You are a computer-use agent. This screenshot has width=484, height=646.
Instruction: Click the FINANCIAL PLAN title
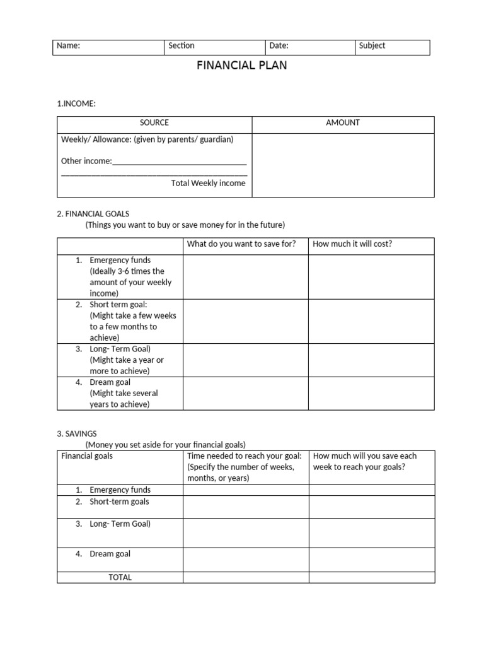coord(242,65)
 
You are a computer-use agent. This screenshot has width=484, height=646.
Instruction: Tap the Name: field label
coord(68,46)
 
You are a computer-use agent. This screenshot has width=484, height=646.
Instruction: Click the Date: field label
coord(279,46)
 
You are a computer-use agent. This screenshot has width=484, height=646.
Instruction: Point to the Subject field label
coord(372,46)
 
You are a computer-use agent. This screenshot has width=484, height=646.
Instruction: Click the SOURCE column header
coord(154,123)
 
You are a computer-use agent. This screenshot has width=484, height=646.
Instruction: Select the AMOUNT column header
coord(343,123)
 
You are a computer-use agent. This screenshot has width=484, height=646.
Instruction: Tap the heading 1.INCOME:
coord(76,103)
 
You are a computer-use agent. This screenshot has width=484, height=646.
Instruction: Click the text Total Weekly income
coord(208,184)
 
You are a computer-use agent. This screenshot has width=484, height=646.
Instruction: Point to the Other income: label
coord(86,161)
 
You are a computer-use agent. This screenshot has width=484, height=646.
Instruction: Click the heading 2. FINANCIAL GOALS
coord(93,214)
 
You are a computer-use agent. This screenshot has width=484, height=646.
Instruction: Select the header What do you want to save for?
coord(241,244)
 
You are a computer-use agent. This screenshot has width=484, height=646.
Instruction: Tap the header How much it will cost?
coord(352,244)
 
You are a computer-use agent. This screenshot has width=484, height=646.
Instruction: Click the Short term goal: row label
coord(118,305)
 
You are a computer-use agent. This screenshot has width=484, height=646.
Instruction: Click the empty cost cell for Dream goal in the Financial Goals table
coord(371,393)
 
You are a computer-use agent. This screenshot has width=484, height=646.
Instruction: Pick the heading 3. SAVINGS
coord(77,434)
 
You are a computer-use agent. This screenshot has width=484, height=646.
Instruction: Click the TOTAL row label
coord(120,577)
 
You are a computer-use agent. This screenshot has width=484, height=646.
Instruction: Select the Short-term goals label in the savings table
coord(119,502)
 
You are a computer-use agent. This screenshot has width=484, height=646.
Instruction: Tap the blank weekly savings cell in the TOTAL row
coord(371,577)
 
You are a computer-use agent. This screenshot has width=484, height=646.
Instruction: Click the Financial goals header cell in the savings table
coord(87,456)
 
